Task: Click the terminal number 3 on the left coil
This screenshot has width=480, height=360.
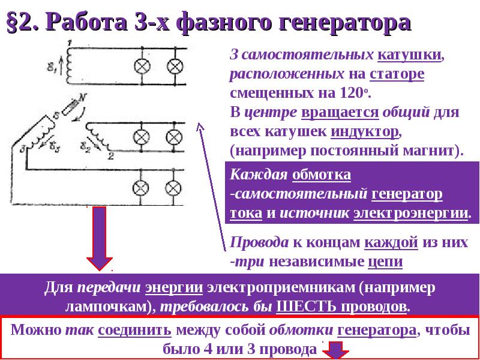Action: click(23, 148)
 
